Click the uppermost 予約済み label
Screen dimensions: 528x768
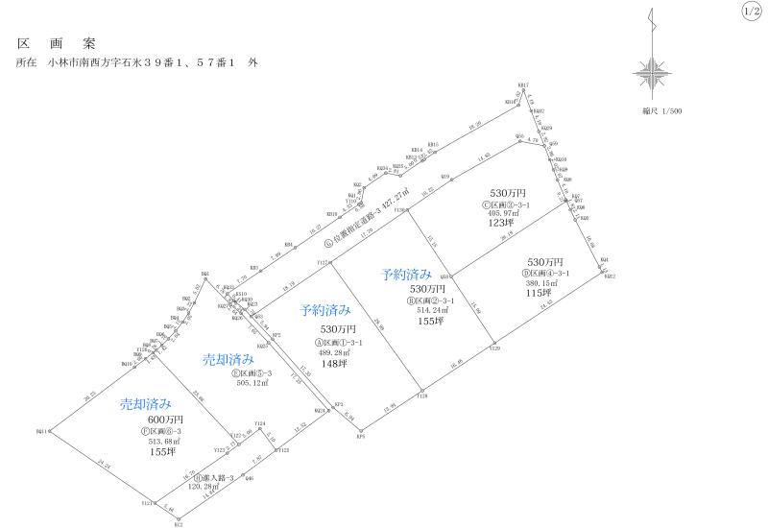pyautogui.click(x=406, y=275)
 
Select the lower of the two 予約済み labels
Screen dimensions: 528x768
pyautogui.click(x=324, y=310)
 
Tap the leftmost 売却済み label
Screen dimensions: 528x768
pyautogui.click(x=146, y=404)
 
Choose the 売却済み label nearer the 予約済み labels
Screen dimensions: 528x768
pyautogui.click(x=228, y=360)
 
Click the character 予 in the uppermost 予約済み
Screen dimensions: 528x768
pyautogui.click(x=387, y=275)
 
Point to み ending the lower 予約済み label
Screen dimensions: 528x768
pyautogui.click(x=345, y=310)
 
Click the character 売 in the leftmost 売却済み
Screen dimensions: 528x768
pyautogui.click(x=127, y=404)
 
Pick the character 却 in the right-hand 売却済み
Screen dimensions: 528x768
pyautogui.click(x=222, y=360)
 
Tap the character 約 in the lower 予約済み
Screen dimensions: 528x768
pyautogui.click(x=318, y=310)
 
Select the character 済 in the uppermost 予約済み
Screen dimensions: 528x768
pyautogui.click(x=413, y=275)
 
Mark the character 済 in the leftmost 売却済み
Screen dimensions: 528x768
pyautogui.click(x=153, y=404)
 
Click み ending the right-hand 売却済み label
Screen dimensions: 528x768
pyautogui.click(x=248, y=360)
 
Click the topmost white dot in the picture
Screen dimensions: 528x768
pyautogui.click(x=523, y=90)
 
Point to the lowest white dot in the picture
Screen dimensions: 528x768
pyautogui.click(x=179, y=519)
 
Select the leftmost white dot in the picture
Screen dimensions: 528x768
pyautogui.click(x=50, y=431)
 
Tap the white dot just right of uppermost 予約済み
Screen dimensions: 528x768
pyautogui.click(x=451, y=276)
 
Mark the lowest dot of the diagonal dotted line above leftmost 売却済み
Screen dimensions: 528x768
pyautogui.click(x=134, y=367)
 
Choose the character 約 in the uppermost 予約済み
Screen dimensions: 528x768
pyautogui.click(x=399, y=275)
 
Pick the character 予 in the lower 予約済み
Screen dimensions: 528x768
pyautogui.click(x=305, y=310)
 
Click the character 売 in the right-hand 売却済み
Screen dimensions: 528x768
pyautogui.click(x=209, y=360)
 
